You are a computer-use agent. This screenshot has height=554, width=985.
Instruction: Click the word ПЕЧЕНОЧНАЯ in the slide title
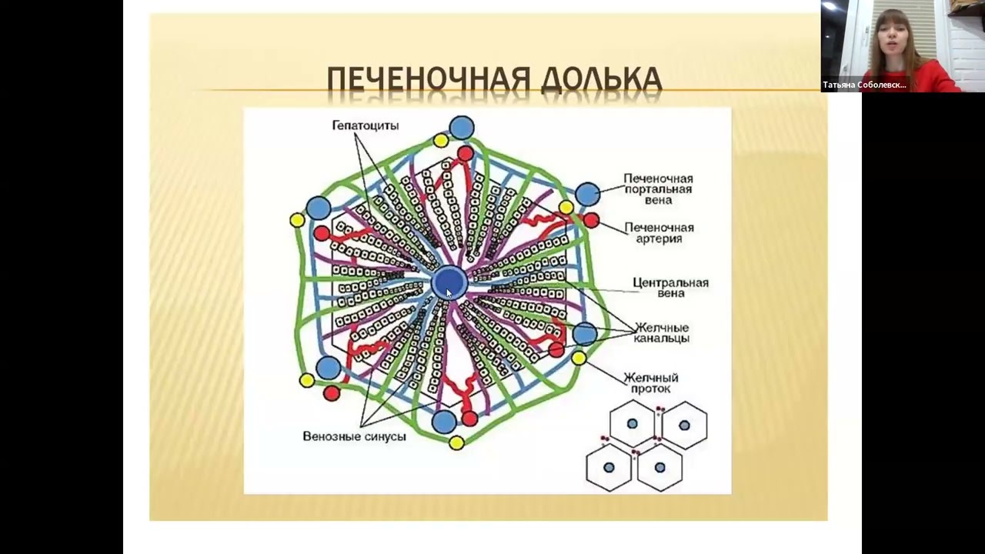click(428, 79)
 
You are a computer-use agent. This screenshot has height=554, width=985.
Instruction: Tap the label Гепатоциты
click(366, 125)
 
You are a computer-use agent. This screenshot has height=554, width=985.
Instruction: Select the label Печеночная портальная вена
click(658, 189)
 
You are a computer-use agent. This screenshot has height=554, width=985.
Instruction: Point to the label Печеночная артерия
click(659, 233)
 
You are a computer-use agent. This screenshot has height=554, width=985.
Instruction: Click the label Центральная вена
click(670, 287)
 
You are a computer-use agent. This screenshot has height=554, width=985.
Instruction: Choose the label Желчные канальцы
click(661, 332)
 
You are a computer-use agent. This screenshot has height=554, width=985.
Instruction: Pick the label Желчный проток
click(650, 383)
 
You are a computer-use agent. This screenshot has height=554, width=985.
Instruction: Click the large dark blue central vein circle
click(449, 283)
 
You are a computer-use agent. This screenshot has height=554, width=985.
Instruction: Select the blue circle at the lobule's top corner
click(462, 127)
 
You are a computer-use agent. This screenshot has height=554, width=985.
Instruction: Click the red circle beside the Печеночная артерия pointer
click(591, 221)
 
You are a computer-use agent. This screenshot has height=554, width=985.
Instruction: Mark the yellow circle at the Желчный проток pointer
click(579, 358)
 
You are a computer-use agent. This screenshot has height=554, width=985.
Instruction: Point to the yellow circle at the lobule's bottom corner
click(456, 442)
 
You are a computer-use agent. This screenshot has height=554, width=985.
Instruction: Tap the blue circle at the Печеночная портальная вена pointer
click(587, 194)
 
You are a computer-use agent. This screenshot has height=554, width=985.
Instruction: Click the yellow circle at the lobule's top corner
click(441, 140)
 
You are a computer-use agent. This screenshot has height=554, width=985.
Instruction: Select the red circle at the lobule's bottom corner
click(469, 419)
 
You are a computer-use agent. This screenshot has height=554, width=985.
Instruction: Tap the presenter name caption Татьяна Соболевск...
click(864, 85)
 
